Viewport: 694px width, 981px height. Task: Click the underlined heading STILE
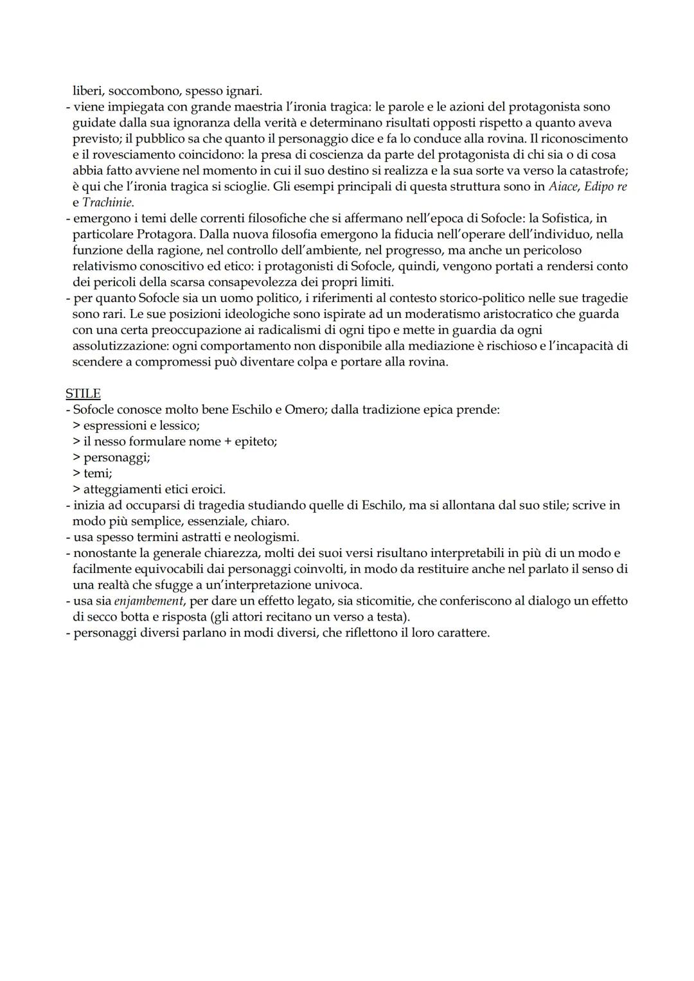(83, 393)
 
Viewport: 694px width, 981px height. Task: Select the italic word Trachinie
(107, 202)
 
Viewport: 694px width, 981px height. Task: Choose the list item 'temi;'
(98, 473)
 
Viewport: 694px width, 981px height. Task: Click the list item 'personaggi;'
(116, 457)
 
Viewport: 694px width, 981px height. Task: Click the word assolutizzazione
(120, 346)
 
